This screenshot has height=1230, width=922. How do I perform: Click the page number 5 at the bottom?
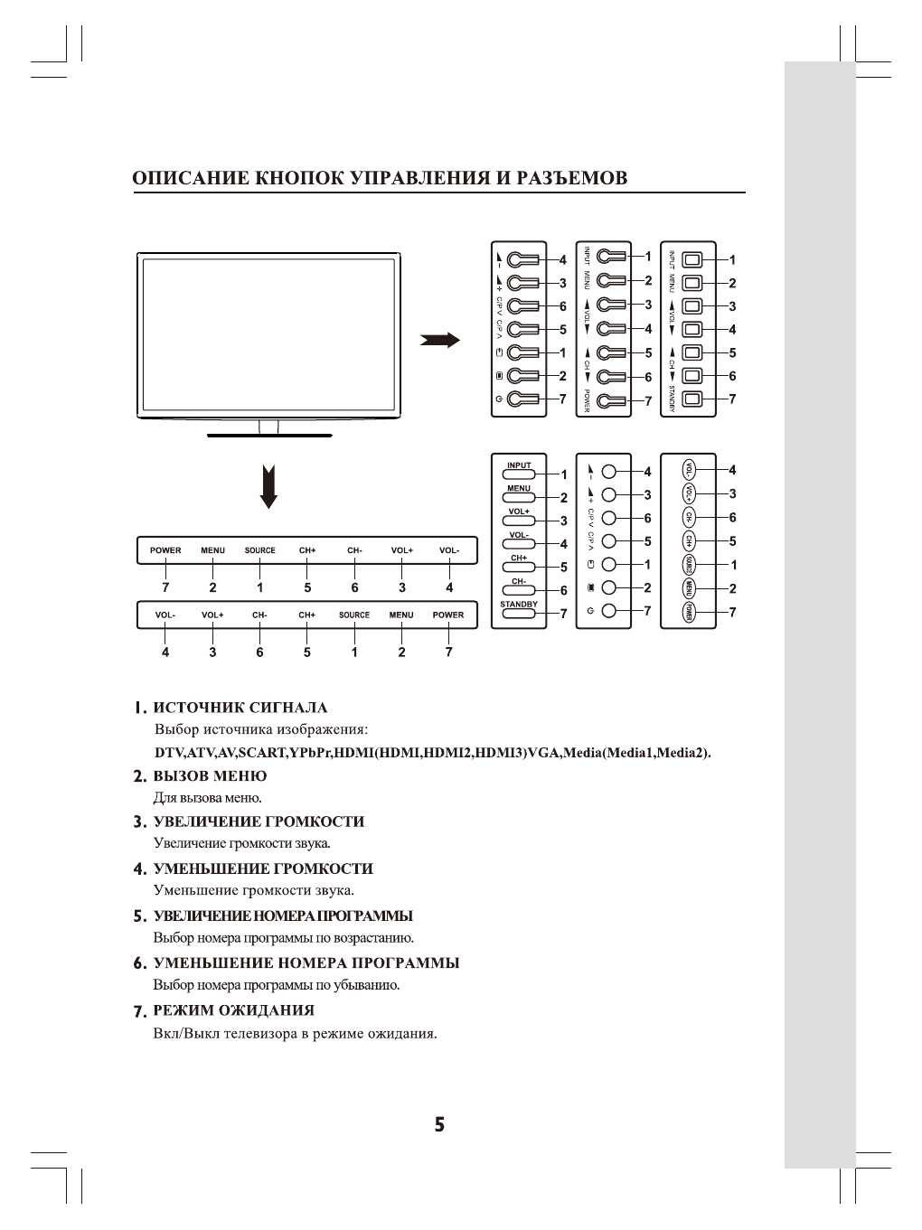(x=439, y=1125)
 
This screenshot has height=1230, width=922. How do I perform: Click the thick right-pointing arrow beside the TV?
(x=440, y=341)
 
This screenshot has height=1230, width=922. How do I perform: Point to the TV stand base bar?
(x=269, y=436)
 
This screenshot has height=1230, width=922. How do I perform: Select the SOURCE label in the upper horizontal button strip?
(x=260, y=550)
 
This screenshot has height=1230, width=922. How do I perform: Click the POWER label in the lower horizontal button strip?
(x=448, y=615)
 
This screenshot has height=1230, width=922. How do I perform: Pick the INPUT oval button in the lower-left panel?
(x=519, y=470)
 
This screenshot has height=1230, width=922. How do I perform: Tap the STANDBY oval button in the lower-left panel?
(x=519, y=609)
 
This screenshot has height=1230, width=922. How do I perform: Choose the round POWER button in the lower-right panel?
(x=690, y=613)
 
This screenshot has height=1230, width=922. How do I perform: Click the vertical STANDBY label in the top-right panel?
(x=673, y=399)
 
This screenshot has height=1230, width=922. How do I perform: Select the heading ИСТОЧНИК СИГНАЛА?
(x=240, y=708)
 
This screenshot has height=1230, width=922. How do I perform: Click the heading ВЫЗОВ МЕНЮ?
(x=210, y=776)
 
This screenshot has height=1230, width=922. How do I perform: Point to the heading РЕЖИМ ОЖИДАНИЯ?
(x=234, y=1010)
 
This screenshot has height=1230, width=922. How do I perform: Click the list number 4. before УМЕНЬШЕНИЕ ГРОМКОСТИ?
(x=139, y=869)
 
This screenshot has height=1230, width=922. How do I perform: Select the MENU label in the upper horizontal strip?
(x=213, y=550)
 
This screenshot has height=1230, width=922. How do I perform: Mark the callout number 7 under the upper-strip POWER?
(x=165, y=587)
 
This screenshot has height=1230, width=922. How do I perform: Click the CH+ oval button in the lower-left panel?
(x=519, y=563)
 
